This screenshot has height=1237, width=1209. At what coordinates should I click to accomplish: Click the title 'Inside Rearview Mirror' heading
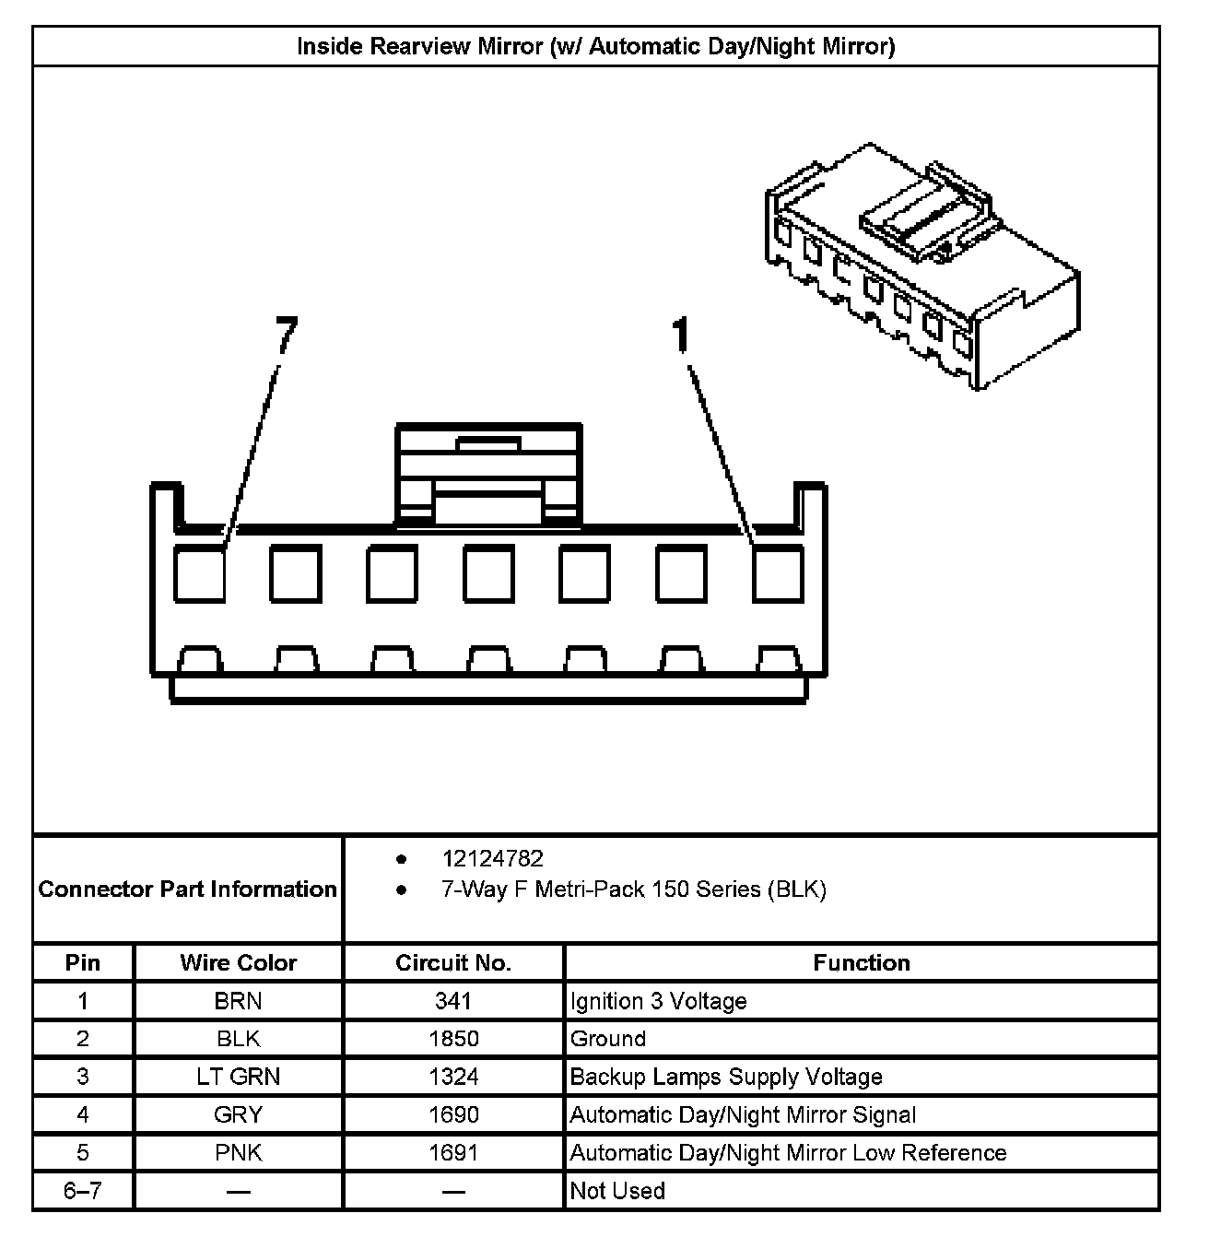tap(595, 46)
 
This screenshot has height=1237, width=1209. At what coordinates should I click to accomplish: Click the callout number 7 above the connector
tap(287, 335)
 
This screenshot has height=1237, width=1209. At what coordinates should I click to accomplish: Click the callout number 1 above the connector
tap(681, 336)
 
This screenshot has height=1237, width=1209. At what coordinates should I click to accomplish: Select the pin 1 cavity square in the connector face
tap(778, 573)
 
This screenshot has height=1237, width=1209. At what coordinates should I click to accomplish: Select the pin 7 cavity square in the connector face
tap(200, 573)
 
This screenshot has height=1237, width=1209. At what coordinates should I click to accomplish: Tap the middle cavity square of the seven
tap(488, 573)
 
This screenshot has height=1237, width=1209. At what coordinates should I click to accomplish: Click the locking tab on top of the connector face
tap(488, 475)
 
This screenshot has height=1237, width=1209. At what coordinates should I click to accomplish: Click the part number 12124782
tap(492, 859)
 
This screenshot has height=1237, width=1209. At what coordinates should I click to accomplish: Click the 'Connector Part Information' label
tap(187, 889)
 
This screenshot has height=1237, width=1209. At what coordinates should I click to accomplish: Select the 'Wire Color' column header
tap(238, 963)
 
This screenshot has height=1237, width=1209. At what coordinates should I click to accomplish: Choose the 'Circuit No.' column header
tap(452, 963)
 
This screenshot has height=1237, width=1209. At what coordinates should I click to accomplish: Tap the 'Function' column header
tap(861, 963)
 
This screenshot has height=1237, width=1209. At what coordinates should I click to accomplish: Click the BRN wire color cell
tap(238, 1001)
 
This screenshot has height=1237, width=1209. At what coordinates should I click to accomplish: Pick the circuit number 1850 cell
tap(453, 1039)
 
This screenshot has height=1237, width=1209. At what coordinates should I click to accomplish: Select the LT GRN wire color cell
tap(238, 1077)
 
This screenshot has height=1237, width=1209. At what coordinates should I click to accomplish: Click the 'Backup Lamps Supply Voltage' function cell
tap(726, 1077)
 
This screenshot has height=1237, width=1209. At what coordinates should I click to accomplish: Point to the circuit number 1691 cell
tap(453, 1152)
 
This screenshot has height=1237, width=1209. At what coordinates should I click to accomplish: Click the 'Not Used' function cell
tap(617, 1191)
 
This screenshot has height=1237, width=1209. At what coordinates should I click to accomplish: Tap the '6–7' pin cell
tap(83, 1191)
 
